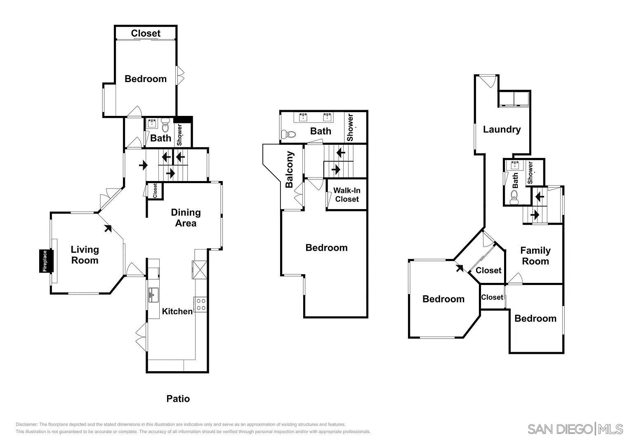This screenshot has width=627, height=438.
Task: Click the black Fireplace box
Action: click(46, 261)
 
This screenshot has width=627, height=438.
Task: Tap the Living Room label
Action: click(85, 255)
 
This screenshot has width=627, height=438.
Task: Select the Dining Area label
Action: click(186, 218)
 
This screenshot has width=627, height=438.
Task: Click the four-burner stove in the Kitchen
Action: click(201, 304)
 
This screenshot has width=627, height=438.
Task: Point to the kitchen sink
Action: click(153, 295)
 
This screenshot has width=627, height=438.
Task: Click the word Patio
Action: click(178, 398)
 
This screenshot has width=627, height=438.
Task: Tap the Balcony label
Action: click(289, 170)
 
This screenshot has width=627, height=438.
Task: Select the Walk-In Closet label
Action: click(347, 195)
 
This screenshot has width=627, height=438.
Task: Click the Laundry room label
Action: click(502, 130)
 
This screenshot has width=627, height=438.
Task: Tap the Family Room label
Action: click(535, 256)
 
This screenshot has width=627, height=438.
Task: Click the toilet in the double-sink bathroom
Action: click(288, 134)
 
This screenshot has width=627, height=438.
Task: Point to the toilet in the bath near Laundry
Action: click(514, 197)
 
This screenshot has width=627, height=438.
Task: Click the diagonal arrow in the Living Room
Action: click(108, 228)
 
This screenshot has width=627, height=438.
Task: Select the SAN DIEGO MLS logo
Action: click(575, 429)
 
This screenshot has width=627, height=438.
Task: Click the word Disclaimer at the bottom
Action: click(26, 424)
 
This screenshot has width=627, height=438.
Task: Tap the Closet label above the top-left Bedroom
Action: click(146, 33)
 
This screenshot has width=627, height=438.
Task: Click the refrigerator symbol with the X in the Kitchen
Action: click(199, 270)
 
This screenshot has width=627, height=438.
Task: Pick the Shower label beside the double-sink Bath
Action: click(350, 127)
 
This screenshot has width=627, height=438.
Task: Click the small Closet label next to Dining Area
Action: click(155, 191)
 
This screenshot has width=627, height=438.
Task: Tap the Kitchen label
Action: click(177, 311)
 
